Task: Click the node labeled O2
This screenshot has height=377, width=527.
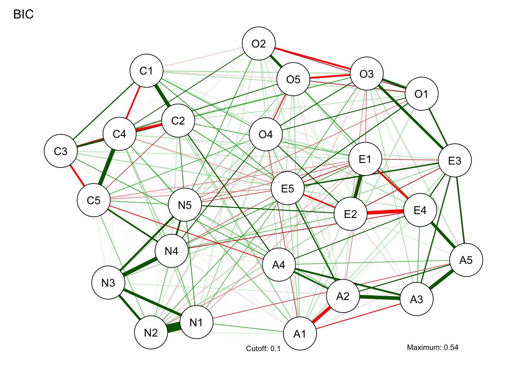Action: click(x=259, y=44)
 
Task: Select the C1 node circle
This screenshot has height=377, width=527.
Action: click(x=146, y=71)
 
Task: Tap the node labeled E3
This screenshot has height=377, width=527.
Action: click(x=455, y=161)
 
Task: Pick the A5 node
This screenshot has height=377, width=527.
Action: click(x=466, y=260)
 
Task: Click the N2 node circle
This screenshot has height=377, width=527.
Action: click(x=151, y=333)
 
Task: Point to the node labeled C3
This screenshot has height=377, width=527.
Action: click(x=61, y=151)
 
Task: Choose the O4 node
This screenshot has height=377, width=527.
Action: click(x=266, y=134)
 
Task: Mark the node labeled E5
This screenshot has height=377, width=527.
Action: click(x=288, y=188)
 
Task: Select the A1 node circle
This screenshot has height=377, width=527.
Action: click(x=300, y=334)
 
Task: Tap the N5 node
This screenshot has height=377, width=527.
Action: click(x=185, y=205)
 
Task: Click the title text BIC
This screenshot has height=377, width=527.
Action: click(x=24, y=15)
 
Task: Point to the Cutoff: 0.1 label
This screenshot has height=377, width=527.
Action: click(x=263, y=349)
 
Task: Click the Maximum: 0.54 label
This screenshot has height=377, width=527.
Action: click(x=433, y=347)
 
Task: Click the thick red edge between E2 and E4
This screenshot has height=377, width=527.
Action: click(x=385, y=212)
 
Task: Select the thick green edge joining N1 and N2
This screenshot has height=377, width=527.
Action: click(x=174, y=328)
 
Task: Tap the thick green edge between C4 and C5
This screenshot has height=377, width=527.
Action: click(x=107, y=167)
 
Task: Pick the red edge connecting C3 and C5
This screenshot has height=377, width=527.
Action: click(x=77, y=176)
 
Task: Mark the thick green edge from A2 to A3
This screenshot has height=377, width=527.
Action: click(x=380, y=297)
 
